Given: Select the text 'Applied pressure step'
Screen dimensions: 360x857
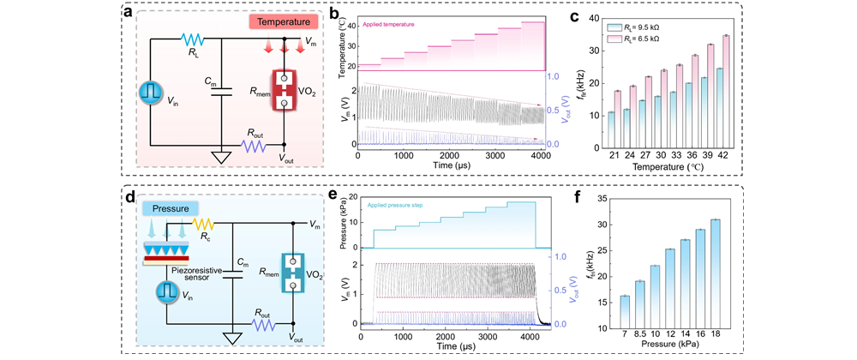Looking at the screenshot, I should (x=406, y=206).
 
